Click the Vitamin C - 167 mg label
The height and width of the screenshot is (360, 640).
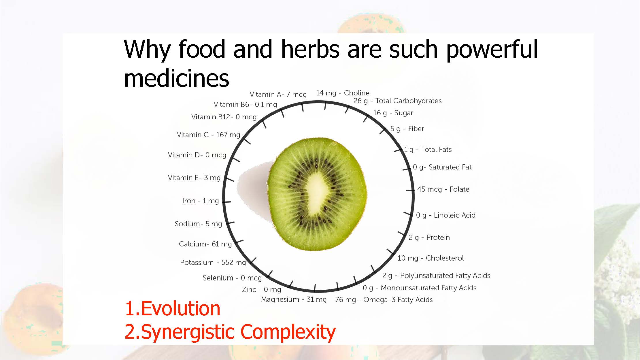208,135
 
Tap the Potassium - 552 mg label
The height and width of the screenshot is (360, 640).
213,263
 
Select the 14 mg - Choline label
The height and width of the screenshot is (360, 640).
343,93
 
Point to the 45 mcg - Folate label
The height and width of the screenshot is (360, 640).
443,189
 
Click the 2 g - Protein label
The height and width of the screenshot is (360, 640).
429,238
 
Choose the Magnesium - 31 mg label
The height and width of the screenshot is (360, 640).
294,299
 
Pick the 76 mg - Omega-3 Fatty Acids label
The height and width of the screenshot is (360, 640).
384,300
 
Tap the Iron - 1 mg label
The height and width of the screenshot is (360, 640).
201,201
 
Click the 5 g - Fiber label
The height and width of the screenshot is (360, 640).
407,129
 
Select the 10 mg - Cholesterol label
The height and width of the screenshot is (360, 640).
431,258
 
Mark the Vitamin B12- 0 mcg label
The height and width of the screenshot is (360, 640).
224,117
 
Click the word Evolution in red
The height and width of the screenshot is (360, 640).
181,308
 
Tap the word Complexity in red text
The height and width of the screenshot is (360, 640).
288,332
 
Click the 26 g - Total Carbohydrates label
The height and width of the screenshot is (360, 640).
397,101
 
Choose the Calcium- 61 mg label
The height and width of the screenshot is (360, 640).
205,244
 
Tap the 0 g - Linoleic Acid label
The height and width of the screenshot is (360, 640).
446,215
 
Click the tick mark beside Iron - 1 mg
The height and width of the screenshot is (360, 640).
226,202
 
